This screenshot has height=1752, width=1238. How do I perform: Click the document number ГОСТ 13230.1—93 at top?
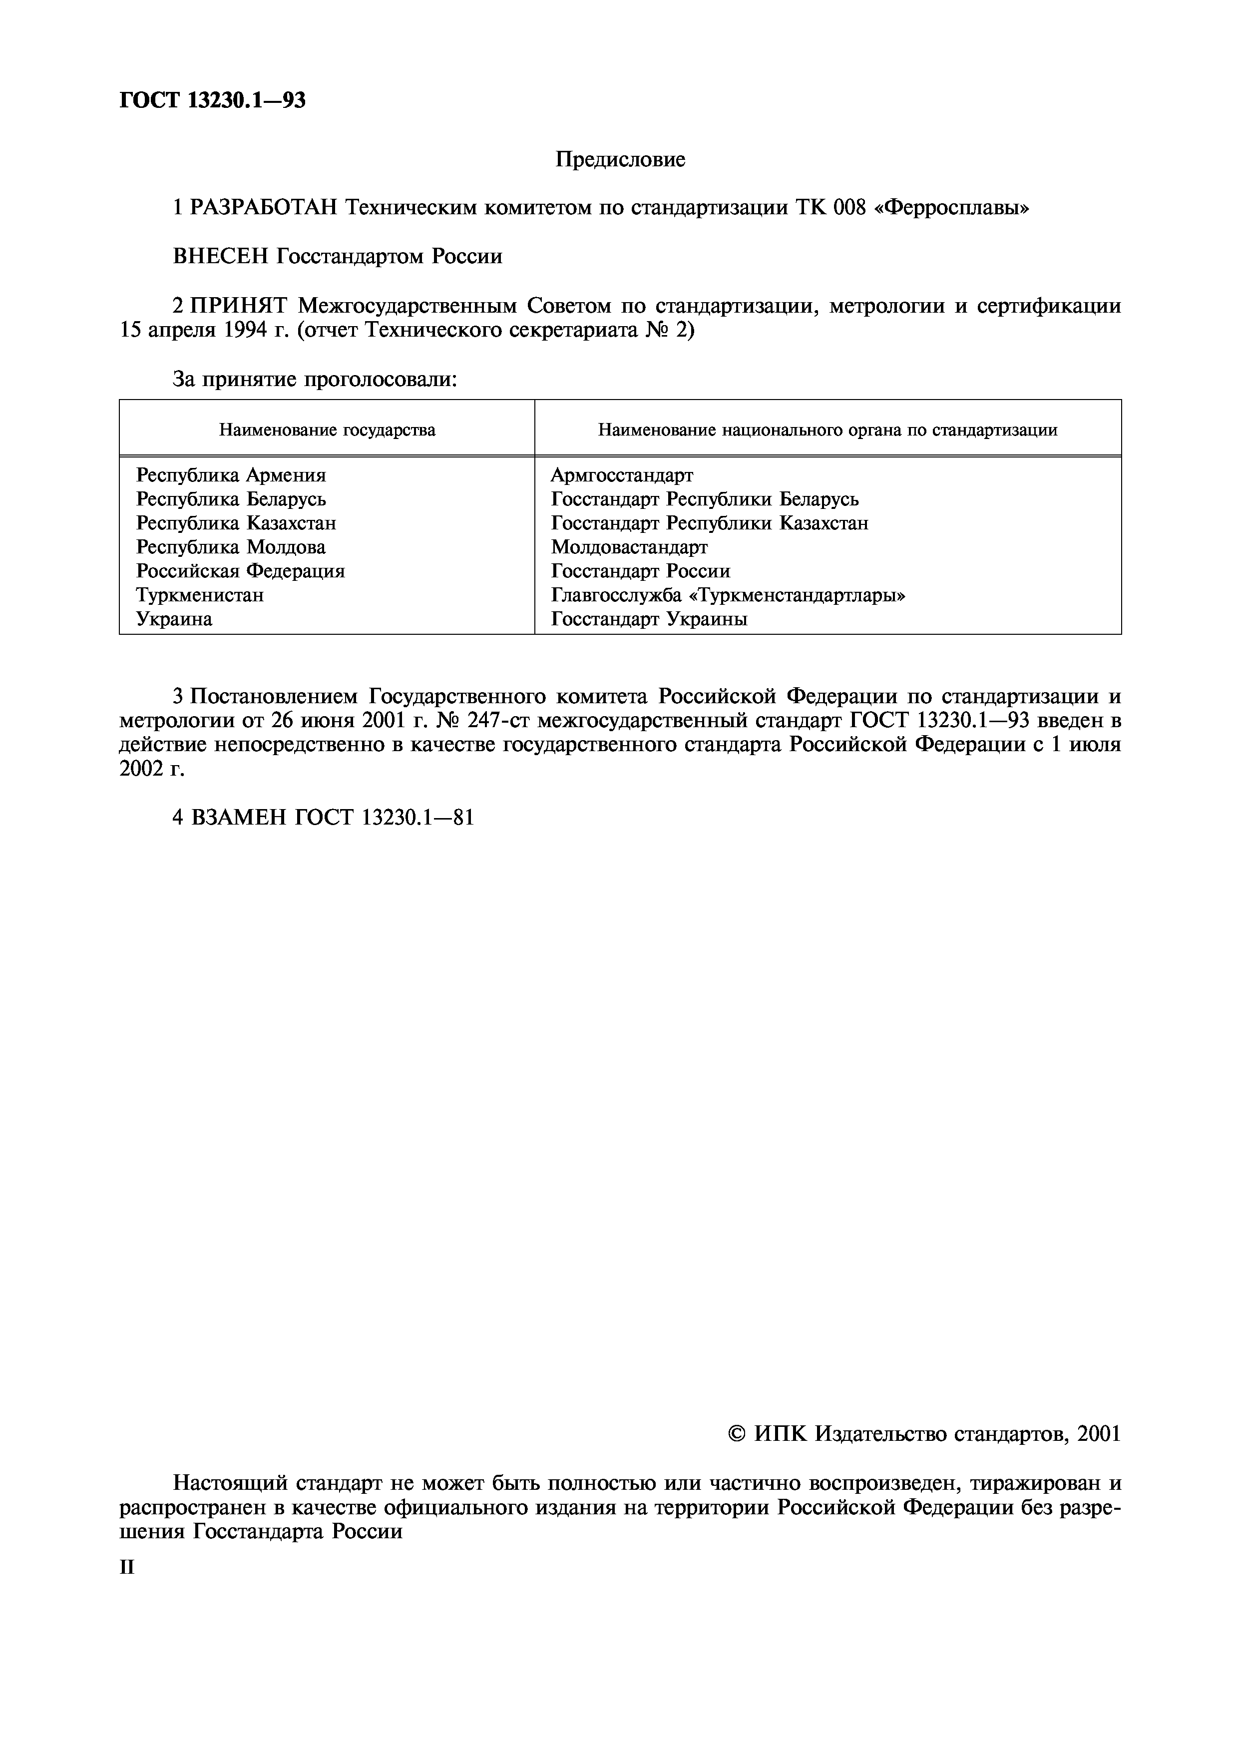[x=213, y=100]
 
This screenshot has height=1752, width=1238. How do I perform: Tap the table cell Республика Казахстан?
[x=236, y=523]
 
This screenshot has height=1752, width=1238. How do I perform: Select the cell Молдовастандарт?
[x=629, y=547]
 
